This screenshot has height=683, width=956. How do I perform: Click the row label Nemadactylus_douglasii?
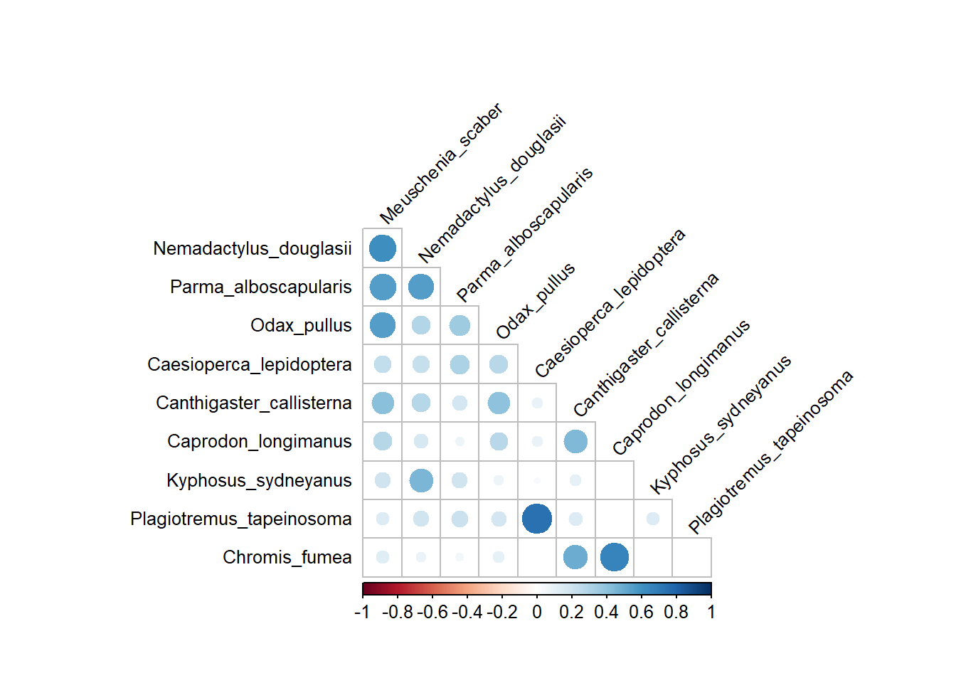coord(253,248)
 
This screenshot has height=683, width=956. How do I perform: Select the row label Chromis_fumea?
coord(287,557)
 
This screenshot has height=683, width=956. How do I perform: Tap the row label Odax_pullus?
coord(301,325)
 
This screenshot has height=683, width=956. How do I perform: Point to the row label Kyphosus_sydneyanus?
coord(259,480)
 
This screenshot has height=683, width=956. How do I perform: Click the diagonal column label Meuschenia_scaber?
coord(441,164)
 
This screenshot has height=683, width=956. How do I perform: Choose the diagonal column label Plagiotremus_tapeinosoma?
coord(770,452)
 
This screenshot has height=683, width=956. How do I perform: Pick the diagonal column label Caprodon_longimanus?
coord(681,387)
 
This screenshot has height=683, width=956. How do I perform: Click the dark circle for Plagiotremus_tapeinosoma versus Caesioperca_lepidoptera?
coord(537,519)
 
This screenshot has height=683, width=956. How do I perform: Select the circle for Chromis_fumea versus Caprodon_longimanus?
coord(615,557)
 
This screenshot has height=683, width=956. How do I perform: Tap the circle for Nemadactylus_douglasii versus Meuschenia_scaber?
coord(383,248)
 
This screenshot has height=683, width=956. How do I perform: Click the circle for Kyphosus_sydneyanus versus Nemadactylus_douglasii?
coord(421,480)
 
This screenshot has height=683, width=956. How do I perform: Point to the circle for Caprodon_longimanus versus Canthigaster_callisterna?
coord(575,441)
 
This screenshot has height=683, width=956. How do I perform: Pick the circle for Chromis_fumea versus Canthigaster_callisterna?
coord(575,557)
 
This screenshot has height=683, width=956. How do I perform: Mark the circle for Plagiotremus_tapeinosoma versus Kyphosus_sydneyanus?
coord(653,519)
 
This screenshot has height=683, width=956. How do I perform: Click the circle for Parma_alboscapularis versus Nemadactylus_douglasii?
coord(421,287)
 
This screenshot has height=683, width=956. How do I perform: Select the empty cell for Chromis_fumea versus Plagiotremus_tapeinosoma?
coord(691,557)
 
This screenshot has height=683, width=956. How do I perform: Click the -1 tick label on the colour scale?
coord(362,613)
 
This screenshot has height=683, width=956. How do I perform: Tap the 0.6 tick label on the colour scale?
coord(641,613)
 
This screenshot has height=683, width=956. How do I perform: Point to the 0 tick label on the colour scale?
coord(537,613)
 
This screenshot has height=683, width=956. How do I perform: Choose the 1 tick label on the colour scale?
coord(711,613)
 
